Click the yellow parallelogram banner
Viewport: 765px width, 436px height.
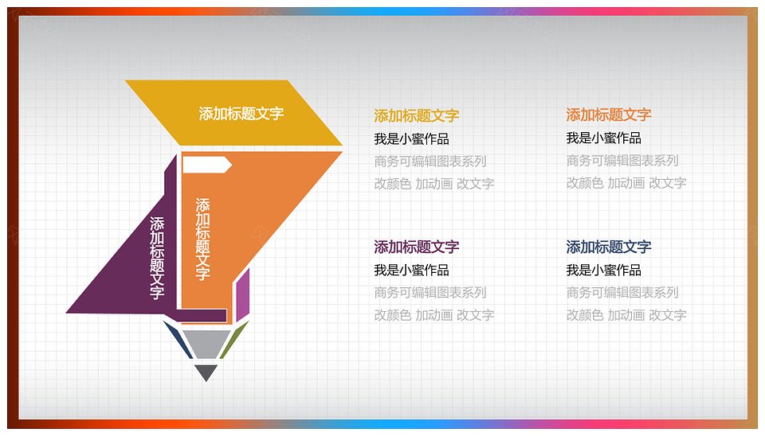234,113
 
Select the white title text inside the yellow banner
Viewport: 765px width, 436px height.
241,114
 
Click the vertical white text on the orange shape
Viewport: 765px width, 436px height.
202,239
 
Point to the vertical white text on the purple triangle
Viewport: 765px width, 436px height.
157,258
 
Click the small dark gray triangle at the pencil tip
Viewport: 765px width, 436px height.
206,372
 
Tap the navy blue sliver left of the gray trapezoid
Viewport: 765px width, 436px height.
177,339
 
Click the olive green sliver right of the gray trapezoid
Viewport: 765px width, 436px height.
234,339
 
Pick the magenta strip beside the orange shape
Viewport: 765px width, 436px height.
243,294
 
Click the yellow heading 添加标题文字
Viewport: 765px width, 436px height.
417,116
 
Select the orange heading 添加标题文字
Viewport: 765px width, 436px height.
608,115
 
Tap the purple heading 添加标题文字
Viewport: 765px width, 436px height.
417,247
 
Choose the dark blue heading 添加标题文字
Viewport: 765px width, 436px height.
608,247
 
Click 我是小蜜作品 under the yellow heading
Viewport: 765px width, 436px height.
411,139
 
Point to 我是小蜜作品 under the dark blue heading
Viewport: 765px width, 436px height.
603,270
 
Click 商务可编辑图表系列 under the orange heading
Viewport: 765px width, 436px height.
622,160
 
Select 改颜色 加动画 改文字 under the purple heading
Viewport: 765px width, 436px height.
434,315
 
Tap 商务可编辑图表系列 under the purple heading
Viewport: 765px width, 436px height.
430,292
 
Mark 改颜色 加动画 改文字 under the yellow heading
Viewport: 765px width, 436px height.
434,184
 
